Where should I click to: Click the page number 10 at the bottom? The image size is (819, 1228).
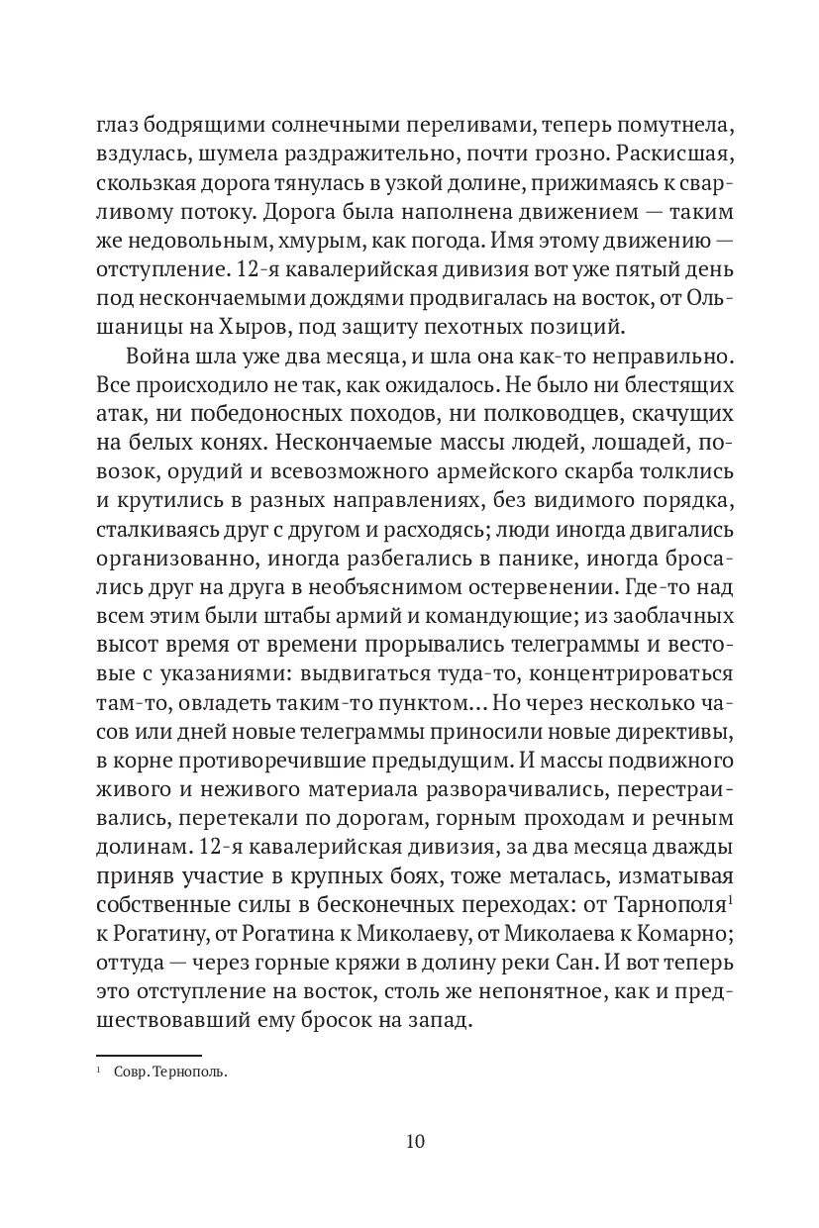pos(415,1141)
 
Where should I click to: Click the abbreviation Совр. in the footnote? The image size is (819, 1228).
pos(139,1071)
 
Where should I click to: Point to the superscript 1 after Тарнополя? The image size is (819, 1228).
pos(729,899)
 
